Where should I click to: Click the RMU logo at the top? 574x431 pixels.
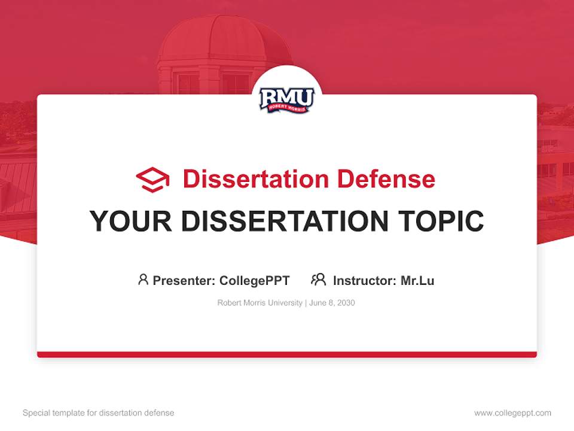point(286,100)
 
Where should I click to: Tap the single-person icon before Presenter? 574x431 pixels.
point(143,280)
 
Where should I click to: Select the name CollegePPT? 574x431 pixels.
point(254,280)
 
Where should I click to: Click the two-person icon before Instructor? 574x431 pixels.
point(318,280)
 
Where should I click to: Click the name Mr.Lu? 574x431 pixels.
point(417,280)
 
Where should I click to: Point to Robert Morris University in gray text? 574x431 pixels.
point(259,303)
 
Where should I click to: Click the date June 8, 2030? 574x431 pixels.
point(332,303)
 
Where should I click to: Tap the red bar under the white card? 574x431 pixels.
point(286,354)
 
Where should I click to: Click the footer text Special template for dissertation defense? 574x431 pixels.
point(98,413)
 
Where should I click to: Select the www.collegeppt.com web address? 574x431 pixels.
point(512,413)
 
